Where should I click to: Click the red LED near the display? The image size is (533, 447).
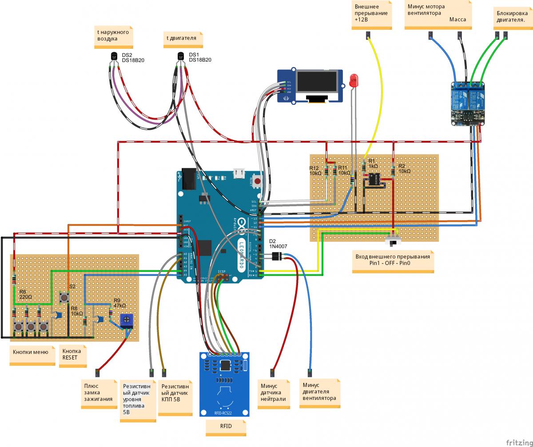pos(354,80)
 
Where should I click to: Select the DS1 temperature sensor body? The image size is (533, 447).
pos(181,56)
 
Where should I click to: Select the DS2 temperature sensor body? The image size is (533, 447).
pos(114,56)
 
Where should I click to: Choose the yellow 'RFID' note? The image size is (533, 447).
pos(226,427)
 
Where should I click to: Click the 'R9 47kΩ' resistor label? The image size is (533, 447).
pos(120,303)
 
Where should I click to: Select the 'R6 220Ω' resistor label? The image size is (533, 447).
pos(26,294)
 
